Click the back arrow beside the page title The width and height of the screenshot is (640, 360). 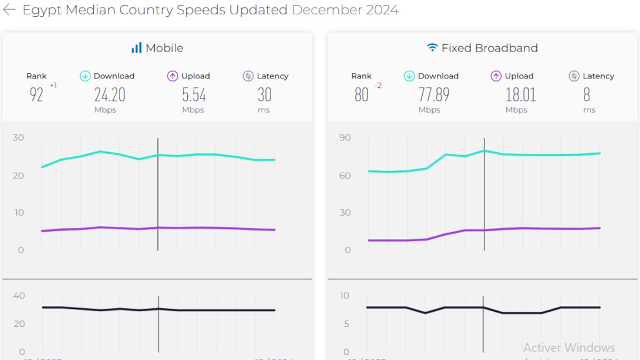9,10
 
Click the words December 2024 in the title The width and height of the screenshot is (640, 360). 345,10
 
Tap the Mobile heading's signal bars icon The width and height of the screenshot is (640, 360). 136,48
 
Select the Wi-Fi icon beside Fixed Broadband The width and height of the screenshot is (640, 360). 432,48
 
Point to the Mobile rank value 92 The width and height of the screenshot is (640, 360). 36,95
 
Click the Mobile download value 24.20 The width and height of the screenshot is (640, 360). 109,95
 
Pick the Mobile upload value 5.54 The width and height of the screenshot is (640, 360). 194,95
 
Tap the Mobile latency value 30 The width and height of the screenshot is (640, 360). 264,95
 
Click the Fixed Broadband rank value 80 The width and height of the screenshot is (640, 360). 361,95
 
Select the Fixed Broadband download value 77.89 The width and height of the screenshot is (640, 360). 434,95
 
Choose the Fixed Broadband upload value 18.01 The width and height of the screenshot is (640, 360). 521,95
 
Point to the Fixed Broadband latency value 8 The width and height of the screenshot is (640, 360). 586,95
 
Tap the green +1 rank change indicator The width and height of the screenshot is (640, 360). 53,85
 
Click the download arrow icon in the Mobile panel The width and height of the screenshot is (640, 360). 85,76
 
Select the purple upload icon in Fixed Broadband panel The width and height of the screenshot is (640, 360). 496,76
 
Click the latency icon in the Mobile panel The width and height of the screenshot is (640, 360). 248,76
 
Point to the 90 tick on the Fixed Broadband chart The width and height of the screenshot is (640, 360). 345,138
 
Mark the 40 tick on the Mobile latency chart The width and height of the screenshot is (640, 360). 19,296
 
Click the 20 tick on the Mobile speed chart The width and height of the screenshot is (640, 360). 18,175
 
